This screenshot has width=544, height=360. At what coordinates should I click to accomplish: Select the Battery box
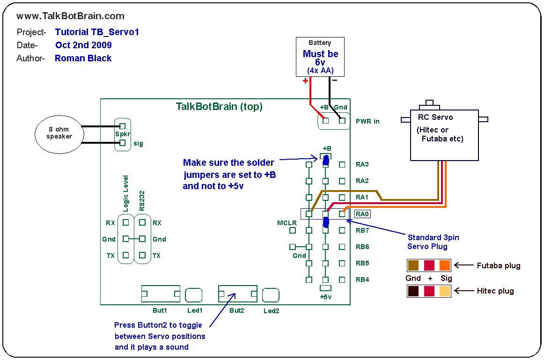pyautogui.click(x=320, y=57)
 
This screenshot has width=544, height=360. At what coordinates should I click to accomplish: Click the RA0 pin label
pyautogui.click(x=362, y=214)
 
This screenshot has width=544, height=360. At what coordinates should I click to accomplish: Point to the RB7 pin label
pyautogui.click(x=362, y=230)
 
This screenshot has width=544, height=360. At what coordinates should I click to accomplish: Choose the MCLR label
pyautogui.click(x=287, y=223)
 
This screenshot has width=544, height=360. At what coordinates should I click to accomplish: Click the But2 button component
pyautogui.click(x=237, y=294)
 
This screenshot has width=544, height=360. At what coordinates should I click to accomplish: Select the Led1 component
pyautogui.click(x=194, y=295)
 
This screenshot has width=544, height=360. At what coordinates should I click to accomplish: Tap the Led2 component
pyautogui.click(x=271, y=295)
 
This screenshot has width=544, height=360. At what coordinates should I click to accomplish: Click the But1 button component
pyautogui.click(x=161, y=294)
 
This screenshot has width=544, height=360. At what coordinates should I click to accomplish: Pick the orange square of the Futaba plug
pyautogui.click(x=445, y=265)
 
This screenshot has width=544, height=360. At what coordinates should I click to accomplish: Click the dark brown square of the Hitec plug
pyautogui.click(x=413, y=291)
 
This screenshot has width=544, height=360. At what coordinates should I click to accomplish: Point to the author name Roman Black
pyautogui.click(x=83, y=59)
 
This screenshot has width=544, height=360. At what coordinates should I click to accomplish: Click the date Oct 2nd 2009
pyautogui.click(x=83, y=45)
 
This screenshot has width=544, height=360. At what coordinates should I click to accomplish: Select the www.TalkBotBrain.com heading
pyautogui.click(x=70, y=16)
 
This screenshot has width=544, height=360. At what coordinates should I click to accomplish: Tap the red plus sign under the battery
pyautogui.click(x=305, y=81)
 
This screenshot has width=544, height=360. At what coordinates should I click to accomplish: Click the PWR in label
pyautogui.click(x=368, y=121)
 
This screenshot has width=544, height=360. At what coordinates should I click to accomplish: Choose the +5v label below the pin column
pyautogui.click(x=325, y=297)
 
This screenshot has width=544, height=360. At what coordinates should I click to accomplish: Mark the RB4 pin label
pyautogui.click(x=362, y=280)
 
